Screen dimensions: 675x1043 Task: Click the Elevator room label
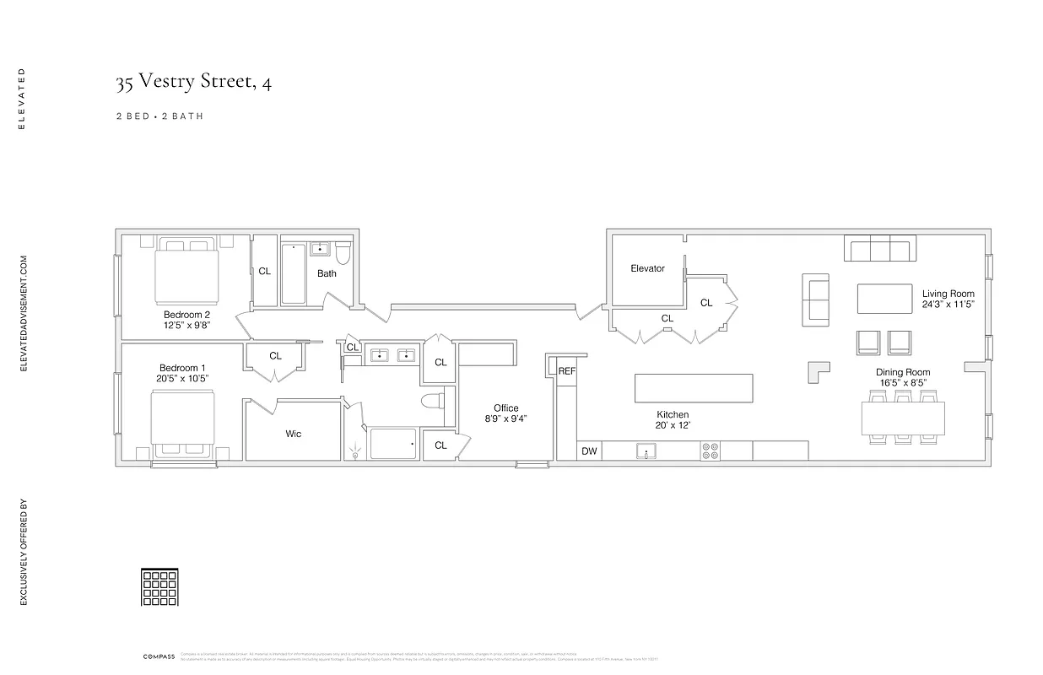[647, 268]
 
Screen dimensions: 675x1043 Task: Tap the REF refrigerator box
[566, 370]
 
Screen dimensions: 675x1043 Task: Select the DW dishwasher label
[588, 451]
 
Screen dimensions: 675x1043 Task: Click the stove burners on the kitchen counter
[711, 451]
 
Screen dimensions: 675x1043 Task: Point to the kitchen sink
[646, 451]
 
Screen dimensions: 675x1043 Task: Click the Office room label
[506, 408]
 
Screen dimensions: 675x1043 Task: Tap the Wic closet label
[293, 434]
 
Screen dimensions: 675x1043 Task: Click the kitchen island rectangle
[694, 388]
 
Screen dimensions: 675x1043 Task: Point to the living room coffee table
[884, 299]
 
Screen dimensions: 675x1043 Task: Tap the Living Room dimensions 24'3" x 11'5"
[948, 305]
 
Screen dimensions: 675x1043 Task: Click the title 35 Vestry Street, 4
[193, 83]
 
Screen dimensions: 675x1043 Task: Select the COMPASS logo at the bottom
[158, 655]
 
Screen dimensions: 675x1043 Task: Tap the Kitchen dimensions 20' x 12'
[673, 426]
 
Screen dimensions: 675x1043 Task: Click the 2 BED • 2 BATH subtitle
[159, 116]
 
